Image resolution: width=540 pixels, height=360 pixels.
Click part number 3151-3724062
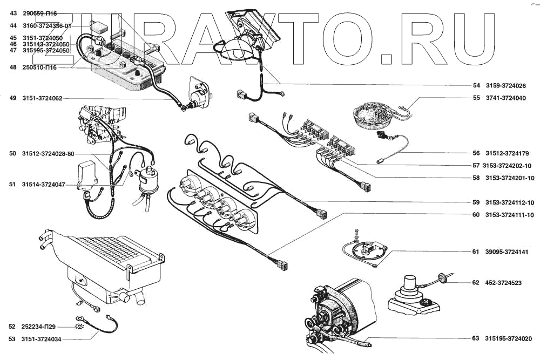[42, 98]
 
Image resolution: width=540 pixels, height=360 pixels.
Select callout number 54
[476, 85]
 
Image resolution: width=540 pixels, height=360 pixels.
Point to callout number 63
[476, 338]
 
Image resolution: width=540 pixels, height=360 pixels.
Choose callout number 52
[12, 327]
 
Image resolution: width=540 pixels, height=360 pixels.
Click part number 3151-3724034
[42, 338]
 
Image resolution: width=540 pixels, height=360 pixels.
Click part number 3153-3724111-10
[510, 215]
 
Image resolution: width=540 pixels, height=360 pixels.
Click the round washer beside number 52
[81, 326]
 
